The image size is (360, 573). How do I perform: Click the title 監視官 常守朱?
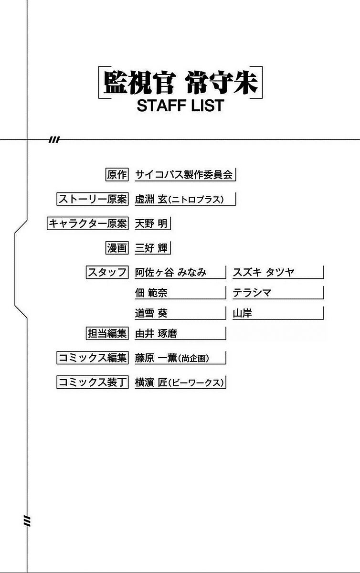180,83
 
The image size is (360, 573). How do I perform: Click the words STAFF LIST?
180,106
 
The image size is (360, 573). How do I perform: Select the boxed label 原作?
117,175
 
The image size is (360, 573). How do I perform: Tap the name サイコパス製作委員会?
184,175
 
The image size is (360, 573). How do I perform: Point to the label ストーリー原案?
92,199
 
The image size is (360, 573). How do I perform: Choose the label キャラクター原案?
88,223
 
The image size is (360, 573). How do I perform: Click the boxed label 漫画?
117,248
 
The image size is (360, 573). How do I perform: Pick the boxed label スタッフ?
107,272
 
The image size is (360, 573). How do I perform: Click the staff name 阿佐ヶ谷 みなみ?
171,272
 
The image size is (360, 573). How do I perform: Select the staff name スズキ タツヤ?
264,272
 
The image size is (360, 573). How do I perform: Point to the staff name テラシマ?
252,292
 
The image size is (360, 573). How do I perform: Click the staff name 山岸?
243,313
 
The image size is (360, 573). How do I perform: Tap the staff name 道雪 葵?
151,313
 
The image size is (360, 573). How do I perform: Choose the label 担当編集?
107,333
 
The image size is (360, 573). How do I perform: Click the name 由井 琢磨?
156,333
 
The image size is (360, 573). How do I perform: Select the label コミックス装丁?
92,382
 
